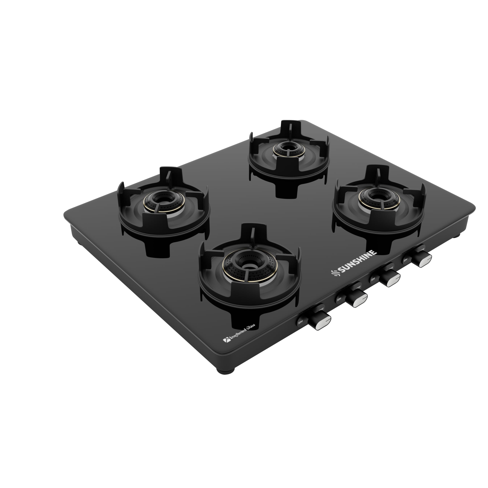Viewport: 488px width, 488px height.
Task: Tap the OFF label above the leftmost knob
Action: tap(321, 309)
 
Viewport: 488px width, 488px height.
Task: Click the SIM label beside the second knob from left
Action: tap(339, 299)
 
